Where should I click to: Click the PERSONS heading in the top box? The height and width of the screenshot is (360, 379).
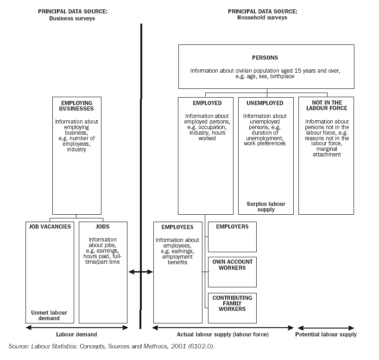tap(265, 58)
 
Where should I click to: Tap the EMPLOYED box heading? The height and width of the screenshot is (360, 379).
tap(207, 103)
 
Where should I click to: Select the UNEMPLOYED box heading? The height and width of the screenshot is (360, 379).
tap(265, 103)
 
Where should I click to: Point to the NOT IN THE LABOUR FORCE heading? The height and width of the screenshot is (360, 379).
tap(326, 106)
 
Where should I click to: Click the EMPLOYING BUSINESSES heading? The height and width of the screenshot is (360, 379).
tap(76, 106)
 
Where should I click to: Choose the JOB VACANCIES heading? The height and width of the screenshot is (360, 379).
tap(50, 227)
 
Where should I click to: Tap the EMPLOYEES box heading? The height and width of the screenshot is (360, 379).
tap(177, 228)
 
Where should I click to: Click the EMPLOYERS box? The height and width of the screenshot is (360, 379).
tap(232, 236)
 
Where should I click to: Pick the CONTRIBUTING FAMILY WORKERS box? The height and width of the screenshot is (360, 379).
tap(232, 308)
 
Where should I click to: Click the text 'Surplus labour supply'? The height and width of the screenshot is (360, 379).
tap(265, 206)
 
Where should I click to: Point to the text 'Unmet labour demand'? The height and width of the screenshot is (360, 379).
tap(49, 316)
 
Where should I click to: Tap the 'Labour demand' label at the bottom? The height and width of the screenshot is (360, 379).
tap(76, 335)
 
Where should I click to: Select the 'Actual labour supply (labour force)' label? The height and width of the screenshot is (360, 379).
tap(223, 335)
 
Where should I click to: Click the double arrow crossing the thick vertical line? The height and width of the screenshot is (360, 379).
tap(141, 272)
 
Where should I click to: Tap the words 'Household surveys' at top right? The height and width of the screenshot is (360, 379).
tap(262, 18)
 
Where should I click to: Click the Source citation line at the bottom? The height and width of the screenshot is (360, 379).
tap(111, 346)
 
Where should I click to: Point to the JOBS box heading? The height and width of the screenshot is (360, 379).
tap(102, 227)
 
